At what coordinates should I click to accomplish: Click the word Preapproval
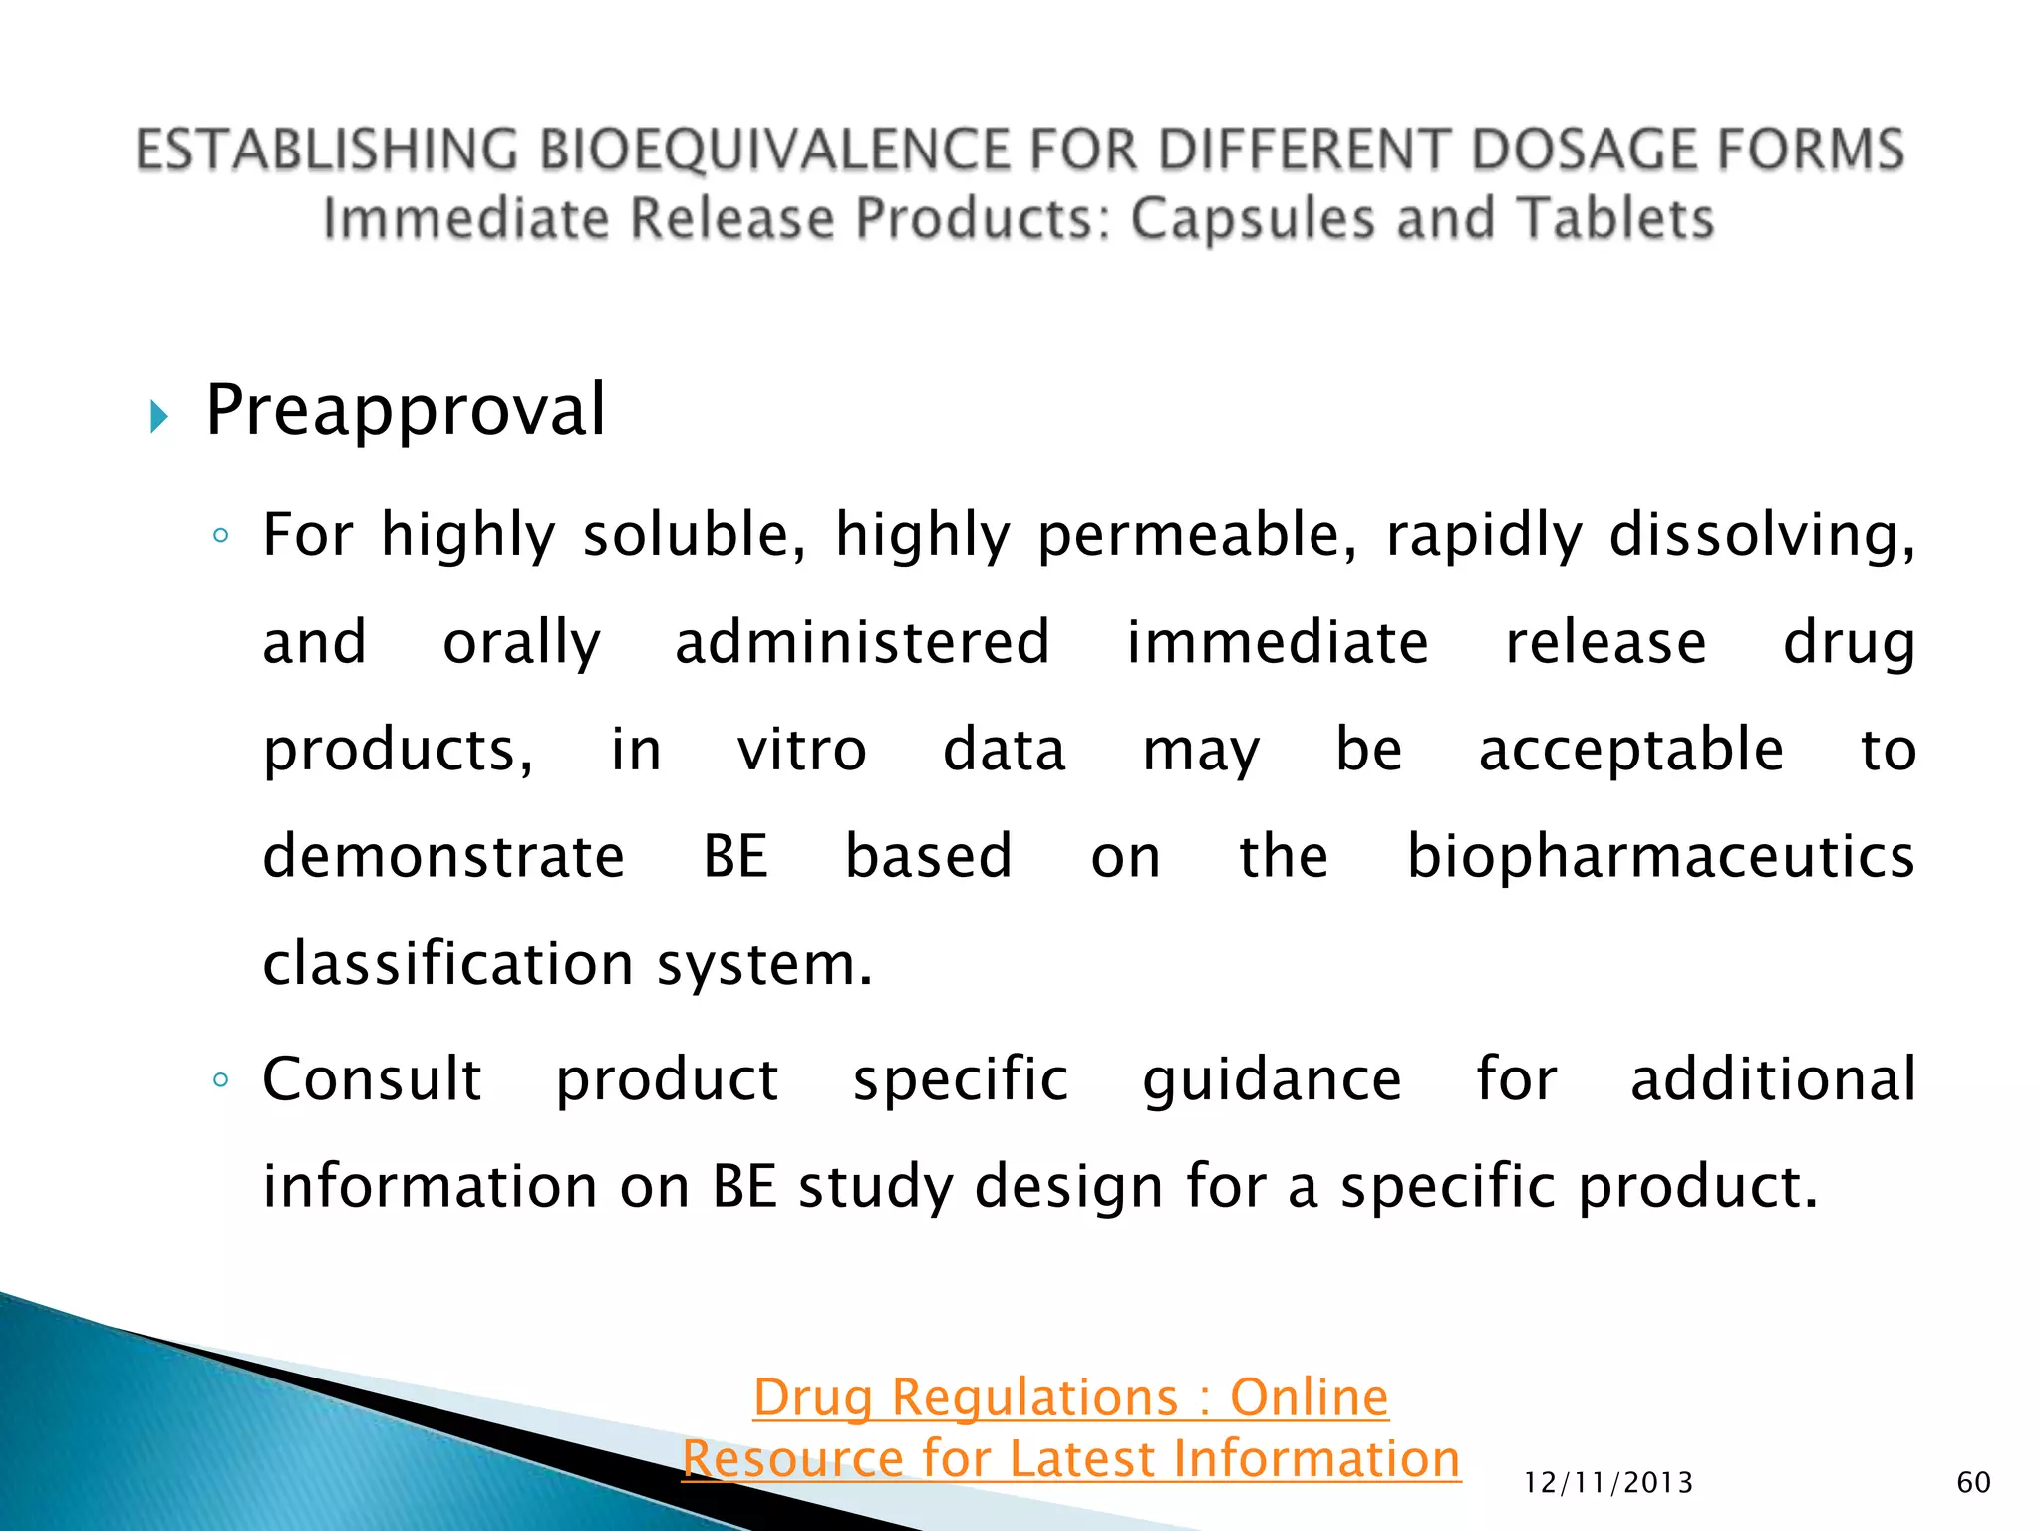405,411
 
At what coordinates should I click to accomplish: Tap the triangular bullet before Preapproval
158,416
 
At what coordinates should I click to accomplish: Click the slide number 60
1973,1482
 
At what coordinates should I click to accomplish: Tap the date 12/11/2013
1608,1483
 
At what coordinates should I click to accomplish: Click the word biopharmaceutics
1660,857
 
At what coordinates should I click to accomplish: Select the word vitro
802,750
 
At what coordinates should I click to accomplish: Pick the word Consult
372,1079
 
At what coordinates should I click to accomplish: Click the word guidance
1272,1079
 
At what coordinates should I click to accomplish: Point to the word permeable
1196,536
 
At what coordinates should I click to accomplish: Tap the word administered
862,642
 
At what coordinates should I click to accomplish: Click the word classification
447,964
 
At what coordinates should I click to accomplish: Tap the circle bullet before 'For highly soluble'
221,537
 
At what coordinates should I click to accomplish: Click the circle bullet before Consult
221,1080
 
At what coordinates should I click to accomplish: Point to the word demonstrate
443,857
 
